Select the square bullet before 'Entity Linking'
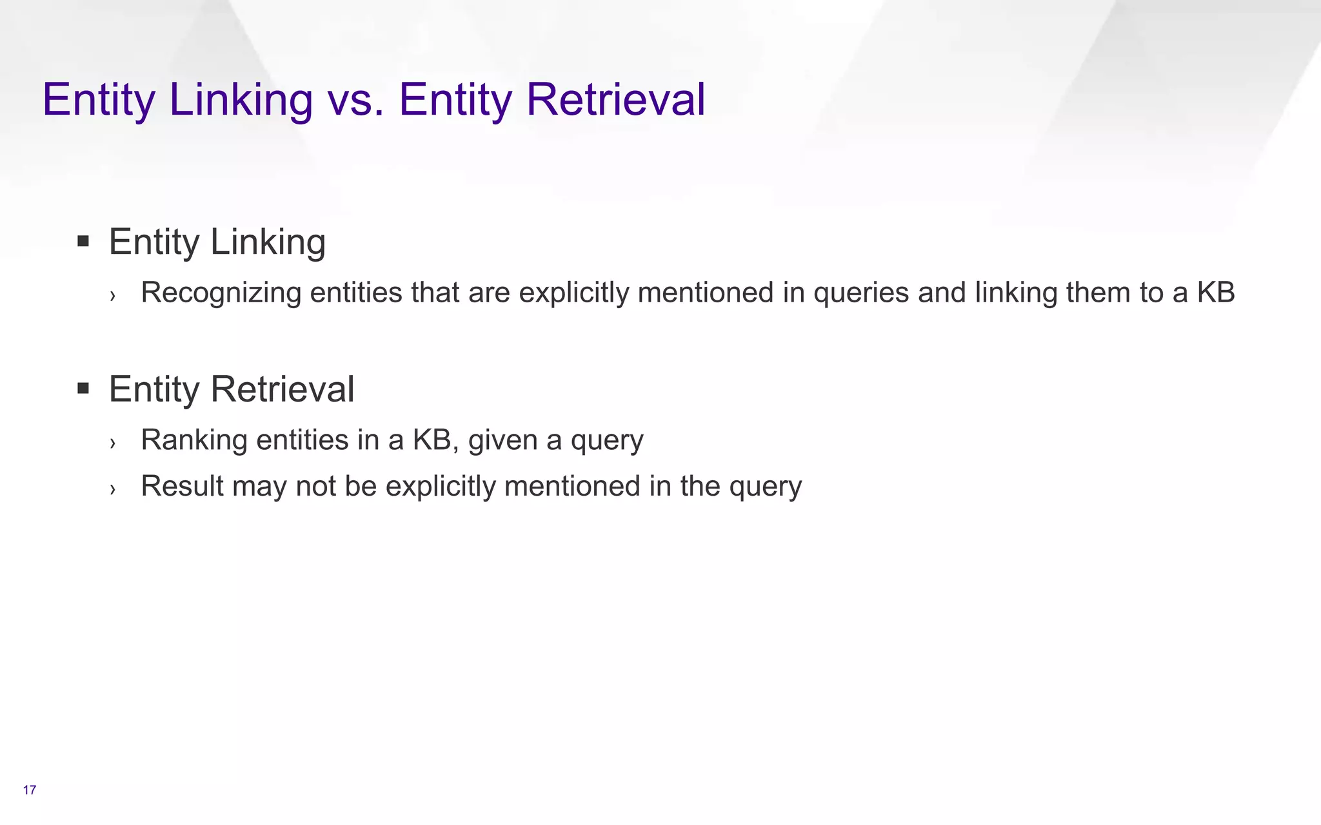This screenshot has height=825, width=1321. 83,242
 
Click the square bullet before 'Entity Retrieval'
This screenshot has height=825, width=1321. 83,389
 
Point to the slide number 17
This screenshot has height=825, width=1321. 30,790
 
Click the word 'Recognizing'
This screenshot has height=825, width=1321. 221,293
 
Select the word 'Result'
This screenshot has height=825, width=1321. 182,486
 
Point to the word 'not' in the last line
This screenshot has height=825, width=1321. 315,486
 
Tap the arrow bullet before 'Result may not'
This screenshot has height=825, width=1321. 113,489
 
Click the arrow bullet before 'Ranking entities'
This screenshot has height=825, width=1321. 113,443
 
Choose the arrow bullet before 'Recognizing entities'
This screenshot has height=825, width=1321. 113,296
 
